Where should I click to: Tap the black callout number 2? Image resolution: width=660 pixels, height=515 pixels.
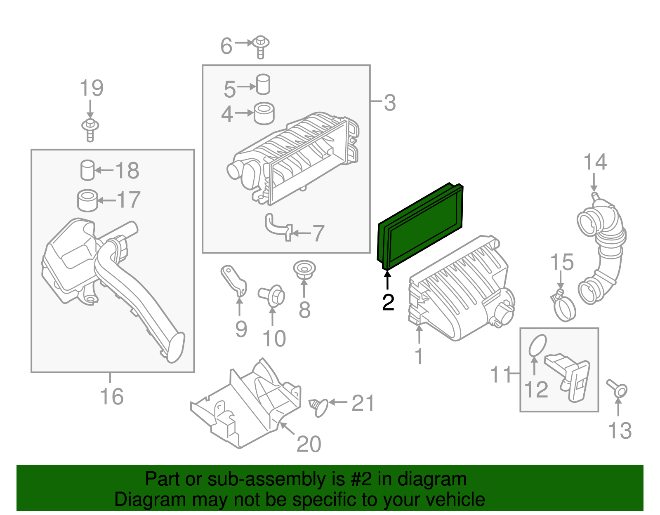(x=388, y=303)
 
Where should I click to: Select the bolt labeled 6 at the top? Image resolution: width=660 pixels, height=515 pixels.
(x=261, y=46)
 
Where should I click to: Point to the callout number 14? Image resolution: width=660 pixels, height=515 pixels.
(x=595, y=162)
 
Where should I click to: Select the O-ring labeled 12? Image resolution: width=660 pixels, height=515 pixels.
(x=537, y=345)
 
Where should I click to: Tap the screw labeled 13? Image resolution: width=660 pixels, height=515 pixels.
(x=618, y=388)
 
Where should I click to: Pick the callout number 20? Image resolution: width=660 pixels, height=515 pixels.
(x=309, y=444)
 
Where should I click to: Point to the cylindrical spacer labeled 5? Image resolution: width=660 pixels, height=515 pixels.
(x=263, y=85)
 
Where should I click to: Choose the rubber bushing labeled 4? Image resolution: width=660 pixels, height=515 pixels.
(x=264, y=113)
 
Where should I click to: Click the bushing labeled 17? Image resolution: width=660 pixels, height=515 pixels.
(x=87, y=200)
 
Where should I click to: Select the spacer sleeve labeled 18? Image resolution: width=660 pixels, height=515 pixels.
(x=87, y=170)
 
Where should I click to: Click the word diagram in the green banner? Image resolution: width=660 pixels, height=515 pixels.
(x=432, y=480)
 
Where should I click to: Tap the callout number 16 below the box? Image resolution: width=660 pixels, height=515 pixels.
(x=111, y=397)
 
